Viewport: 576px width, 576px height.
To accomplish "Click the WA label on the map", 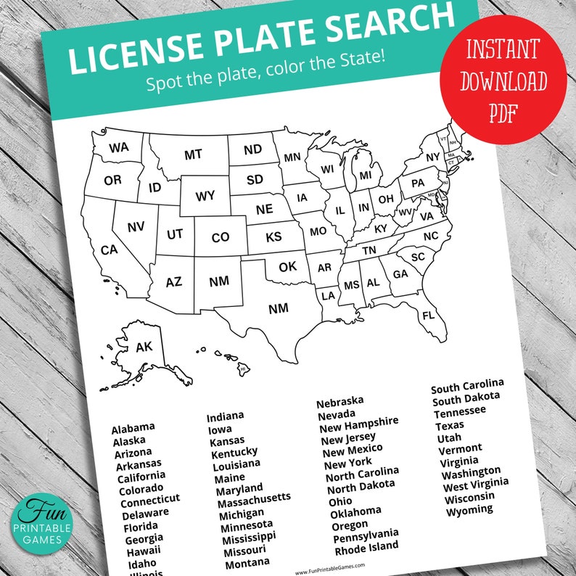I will pyautogui.click(x=120, y=148).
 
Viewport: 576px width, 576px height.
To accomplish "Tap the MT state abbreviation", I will pyautogui.click(x=193, y=155).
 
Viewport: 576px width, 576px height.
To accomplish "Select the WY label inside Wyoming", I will pyautogui.click(x=205, y=197).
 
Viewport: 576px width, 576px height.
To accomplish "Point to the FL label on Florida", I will pyautogui.click(x=428, y=316).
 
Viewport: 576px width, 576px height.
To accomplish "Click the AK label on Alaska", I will pyautogui.click(x=144, y=347).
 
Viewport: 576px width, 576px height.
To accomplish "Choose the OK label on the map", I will pyautogui.click(x=288, y=267).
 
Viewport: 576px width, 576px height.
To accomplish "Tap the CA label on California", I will pyautogui.click(x=109, y=250).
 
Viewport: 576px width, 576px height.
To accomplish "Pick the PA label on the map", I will pyautogui.click(x=417, y=184).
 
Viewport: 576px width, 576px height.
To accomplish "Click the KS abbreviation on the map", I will pyautogui.click(x=273, y=237).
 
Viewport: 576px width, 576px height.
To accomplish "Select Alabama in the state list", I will pyautogui.click(x=133, y=427).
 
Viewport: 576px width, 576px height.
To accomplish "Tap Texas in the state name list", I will pyautogui.click(x=450, y=424).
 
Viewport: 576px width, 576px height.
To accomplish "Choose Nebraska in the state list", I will pyautogui.click(x=340, y=400).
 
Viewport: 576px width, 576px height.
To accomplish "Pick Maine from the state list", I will pyautogui.click(x=229, y=478).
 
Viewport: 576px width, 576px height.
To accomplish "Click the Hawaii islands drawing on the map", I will pyautogui.click(x=231, y=360).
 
